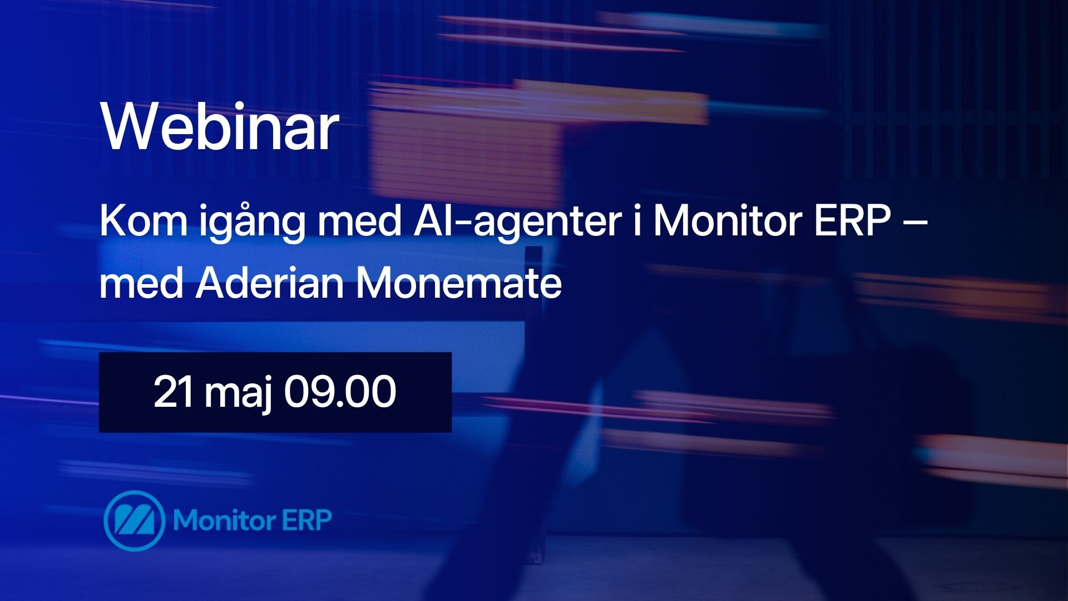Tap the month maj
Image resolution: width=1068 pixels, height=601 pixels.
238,395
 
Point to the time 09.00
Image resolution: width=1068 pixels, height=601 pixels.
340,392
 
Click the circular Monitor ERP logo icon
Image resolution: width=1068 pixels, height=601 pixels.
134,521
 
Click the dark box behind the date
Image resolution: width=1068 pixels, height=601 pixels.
275,392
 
